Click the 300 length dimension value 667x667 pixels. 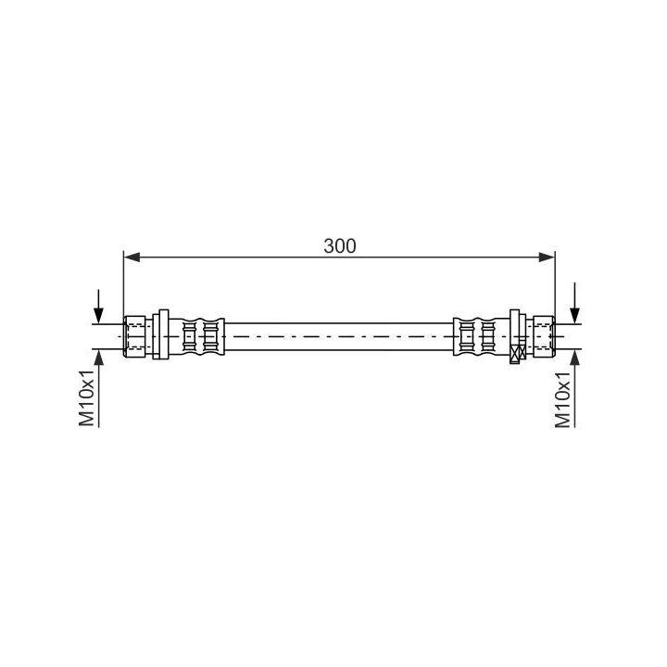[339, 246]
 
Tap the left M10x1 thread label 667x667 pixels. [87, 397]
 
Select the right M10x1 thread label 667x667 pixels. [563, 399]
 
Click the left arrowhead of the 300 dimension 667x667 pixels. [132, 257]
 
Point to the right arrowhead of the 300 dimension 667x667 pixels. [547, 257]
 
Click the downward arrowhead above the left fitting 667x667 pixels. [99, 316]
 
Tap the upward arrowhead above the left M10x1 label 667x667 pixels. [99, 359]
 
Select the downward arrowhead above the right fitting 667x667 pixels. [574, 316]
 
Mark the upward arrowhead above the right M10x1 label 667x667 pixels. [574, 359]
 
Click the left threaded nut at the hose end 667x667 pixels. [135, 336]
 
